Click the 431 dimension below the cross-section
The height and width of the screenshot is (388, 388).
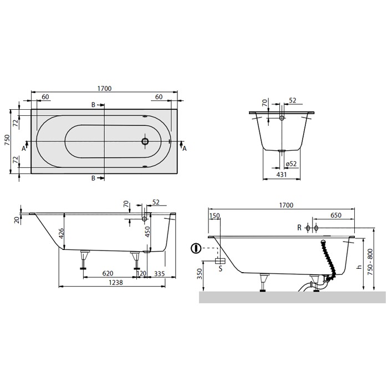click(282, 175)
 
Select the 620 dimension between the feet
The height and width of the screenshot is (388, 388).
click(108, 273)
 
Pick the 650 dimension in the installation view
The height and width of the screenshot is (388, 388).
click(335, 215)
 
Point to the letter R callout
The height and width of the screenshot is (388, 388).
click(299, 228)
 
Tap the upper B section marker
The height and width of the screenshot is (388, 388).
click(94, 105)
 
